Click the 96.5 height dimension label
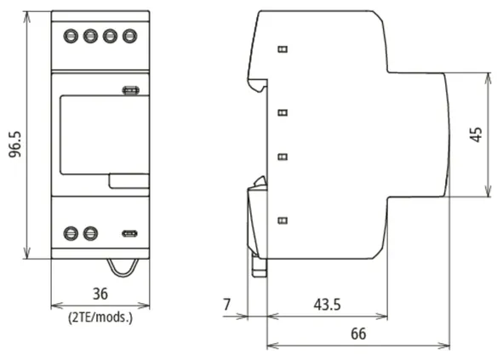click(x=15, y=144)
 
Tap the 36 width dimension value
click(x=100, y=294)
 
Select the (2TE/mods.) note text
click(x=100, y=317)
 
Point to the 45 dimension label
click(x=476, y=134)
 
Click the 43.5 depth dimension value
click(x=327, y=305)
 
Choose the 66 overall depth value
click(x=358, y=334)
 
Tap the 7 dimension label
click(x=226, y=305)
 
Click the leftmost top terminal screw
click(x=71, y=36)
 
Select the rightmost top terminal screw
click(x=129, y=36)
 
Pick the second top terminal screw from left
click(x=90, y=36)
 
